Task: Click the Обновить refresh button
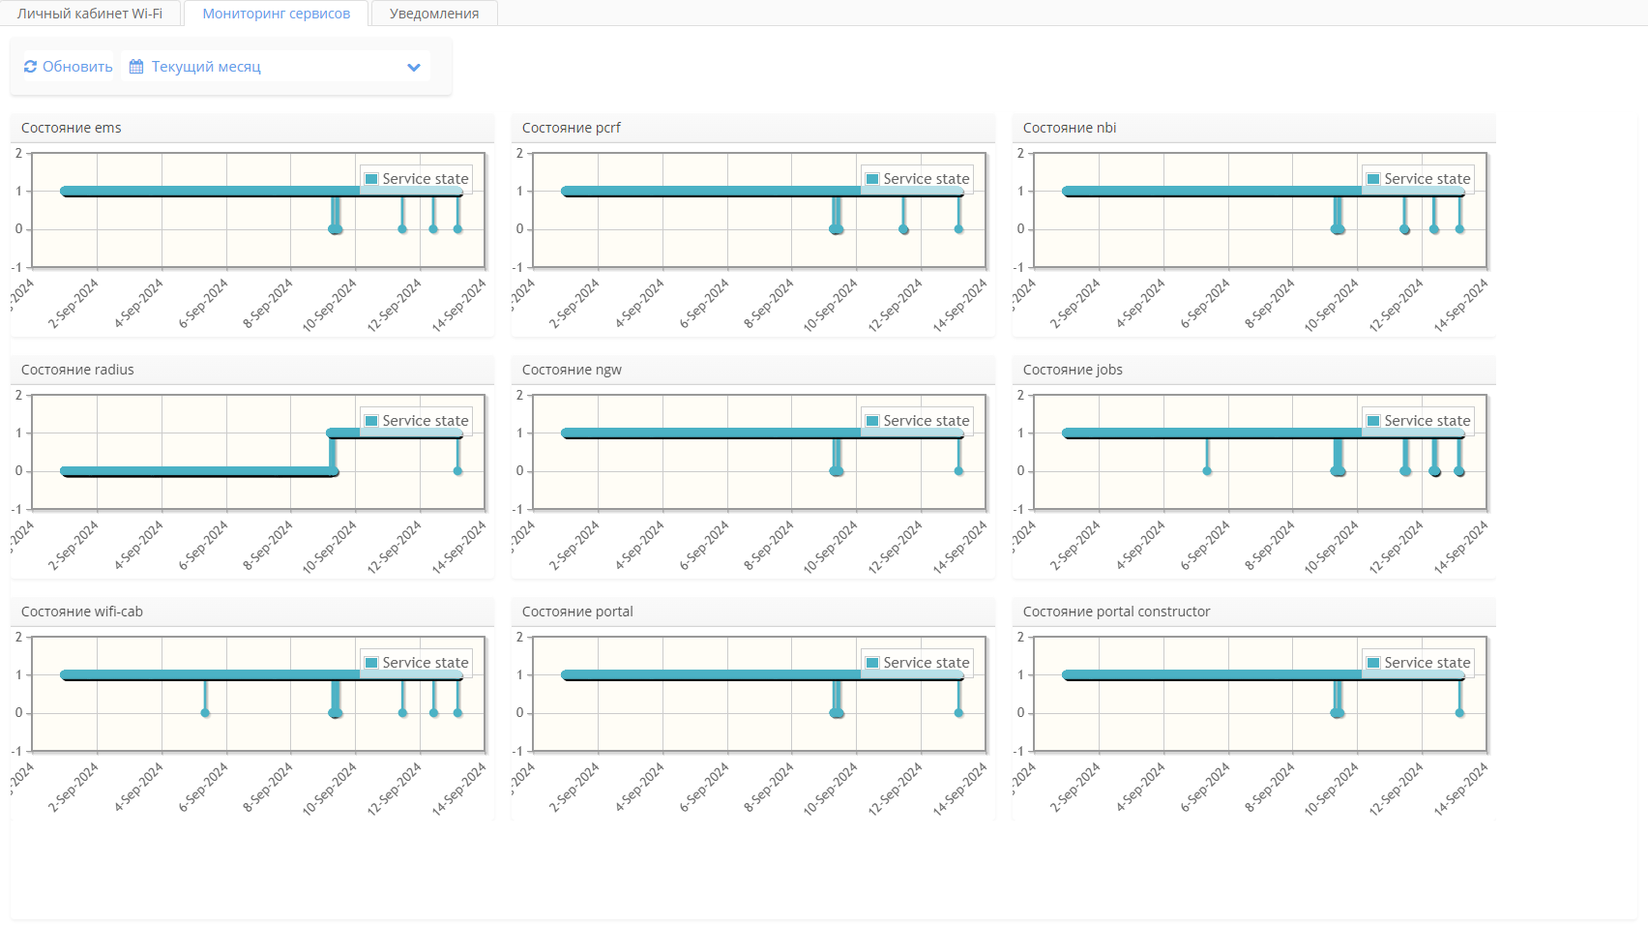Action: (x=68, y=67)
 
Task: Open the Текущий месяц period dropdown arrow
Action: (x=414, y=67)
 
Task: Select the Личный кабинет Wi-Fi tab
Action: (x=90, y=14)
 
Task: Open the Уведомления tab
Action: (x=434, y=14)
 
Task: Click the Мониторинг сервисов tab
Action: (x=276, y=14)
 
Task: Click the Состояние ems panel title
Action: (x=72, y=128)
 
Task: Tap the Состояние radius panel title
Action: (x=77, y=370)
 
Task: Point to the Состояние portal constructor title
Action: (x=1116, y=612)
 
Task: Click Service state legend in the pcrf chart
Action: (x=917, y=179)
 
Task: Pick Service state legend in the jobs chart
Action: (x=1418, y=421)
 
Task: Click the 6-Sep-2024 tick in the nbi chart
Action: (x=1205, y=303)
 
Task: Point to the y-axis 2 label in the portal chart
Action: (x=519, y=637)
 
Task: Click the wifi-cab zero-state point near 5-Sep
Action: (x=205, y=713)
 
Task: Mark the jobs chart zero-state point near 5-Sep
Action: (x=1207, y=471)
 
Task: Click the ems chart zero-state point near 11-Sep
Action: (x=402, y=229)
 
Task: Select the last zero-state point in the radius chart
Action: (x=458, y=471)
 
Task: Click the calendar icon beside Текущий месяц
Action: (x=136, y=67)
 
